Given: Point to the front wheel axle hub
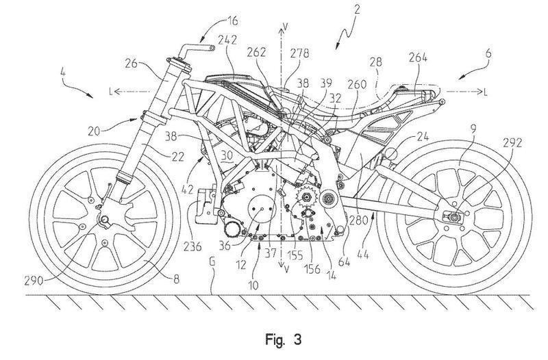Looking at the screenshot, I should [104, 220].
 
